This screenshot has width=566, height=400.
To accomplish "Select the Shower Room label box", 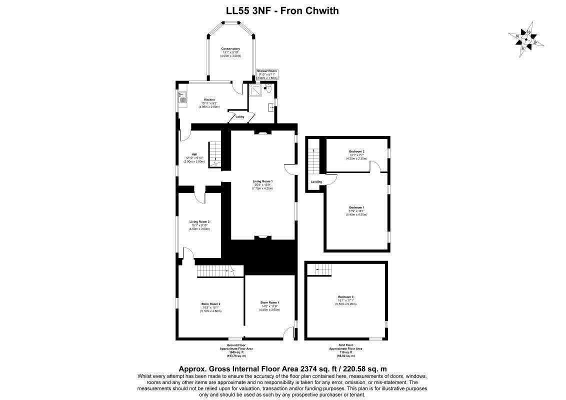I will click(x=266, y=75).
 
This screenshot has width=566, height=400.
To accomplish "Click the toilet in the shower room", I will click(x=269, y=89).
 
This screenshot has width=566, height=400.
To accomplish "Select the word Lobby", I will click(x=239, y=116).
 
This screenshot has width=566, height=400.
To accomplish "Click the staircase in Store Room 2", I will click(x=215, y=271).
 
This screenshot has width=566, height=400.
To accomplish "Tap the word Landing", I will click(x=316, y=182).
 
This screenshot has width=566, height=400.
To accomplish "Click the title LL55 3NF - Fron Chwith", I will click(x=282, y=10).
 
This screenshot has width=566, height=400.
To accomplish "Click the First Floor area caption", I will click(x=345, y=350).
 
